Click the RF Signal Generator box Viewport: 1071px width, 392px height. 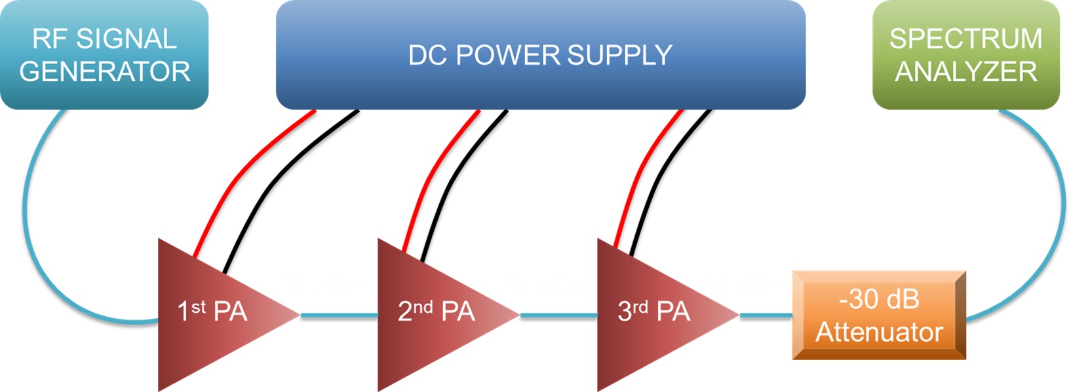tap(104, 54)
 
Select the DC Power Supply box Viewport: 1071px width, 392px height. tap(541, 54)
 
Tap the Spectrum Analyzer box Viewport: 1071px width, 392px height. tap(966, 54)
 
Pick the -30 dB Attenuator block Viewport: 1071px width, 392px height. tap(879, 315)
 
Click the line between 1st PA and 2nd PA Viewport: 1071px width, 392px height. tap(339, 315)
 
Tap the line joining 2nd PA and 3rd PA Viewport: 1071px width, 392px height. tap(558, 315)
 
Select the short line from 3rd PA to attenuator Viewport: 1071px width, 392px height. tap(766, 315)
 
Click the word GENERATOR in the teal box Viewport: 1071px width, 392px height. tap(105, 71)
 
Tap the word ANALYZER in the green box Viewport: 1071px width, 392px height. tap(966, 71)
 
